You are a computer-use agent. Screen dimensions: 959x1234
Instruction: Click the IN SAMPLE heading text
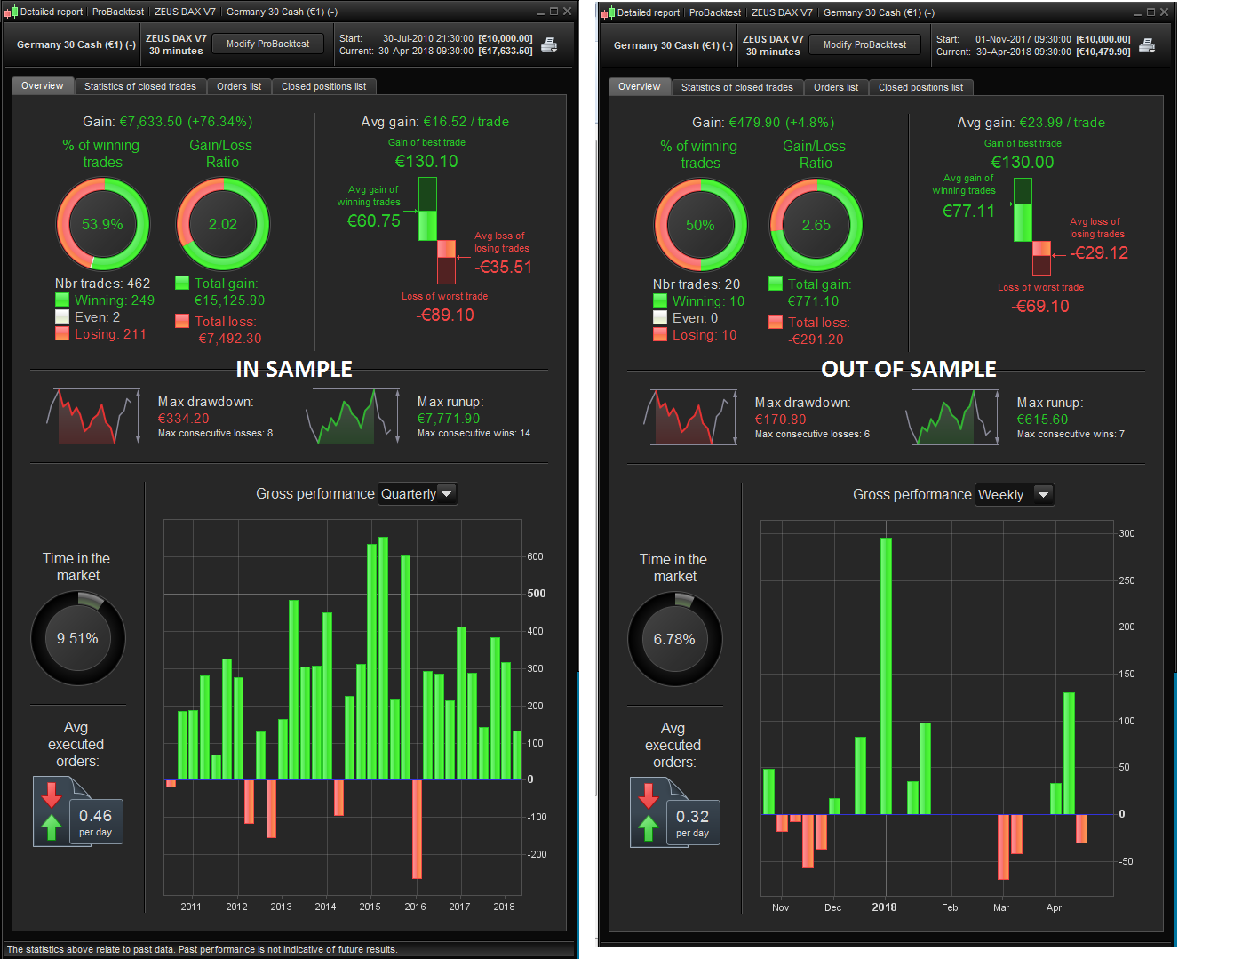294,369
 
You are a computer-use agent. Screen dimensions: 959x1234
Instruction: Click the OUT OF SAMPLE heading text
908,369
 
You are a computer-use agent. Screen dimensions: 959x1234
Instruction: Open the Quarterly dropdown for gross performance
418,494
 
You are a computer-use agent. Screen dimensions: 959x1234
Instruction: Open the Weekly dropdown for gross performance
1014,495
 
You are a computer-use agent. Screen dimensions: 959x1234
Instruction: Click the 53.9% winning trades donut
102,224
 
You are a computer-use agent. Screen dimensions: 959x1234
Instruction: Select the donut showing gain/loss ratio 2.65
816,225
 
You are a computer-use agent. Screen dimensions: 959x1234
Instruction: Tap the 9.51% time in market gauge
78,638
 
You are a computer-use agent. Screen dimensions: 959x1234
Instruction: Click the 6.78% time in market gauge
674,639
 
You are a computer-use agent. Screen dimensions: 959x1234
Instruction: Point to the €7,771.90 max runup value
449,419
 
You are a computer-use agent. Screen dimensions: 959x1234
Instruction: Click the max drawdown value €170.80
781,420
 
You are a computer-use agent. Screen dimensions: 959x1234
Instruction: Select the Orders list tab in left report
239,86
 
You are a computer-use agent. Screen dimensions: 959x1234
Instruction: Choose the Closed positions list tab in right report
920,87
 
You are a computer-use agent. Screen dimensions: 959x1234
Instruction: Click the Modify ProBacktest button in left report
267,44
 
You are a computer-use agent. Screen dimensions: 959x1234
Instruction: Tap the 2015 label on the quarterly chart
370,907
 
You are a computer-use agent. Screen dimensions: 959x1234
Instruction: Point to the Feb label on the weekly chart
950,907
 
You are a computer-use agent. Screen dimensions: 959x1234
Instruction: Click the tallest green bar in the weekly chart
886,675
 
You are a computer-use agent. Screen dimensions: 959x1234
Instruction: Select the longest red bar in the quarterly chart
417,828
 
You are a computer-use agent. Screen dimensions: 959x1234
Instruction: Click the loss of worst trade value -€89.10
445,316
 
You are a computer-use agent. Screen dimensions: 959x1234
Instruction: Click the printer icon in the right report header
1147,44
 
